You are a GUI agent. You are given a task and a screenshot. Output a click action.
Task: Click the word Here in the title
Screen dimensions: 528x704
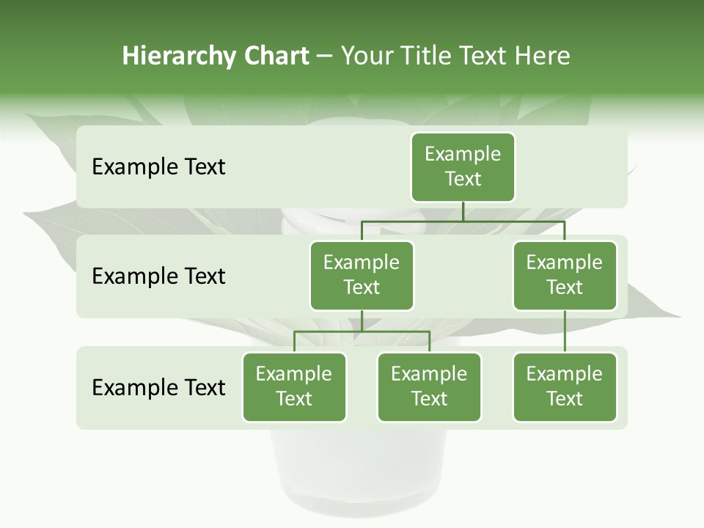pos(543,56)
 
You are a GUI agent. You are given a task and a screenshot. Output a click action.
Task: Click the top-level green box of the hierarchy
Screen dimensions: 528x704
pos(463,166)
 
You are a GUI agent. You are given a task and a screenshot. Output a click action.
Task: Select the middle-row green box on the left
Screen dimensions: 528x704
pos(362,275)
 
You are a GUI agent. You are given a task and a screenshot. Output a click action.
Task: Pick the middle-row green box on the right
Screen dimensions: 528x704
pos(565,275)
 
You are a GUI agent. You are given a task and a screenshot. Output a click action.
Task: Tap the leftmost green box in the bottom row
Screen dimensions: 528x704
pos(294,386)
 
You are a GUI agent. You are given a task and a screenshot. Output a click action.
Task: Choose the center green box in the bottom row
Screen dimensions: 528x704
pos(429,386)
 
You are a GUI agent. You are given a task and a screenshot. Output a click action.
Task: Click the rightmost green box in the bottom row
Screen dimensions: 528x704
pos(565,386)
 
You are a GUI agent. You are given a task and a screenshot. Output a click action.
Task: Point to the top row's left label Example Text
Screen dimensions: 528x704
pos(158,166)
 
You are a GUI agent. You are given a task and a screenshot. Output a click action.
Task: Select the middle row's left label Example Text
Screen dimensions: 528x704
pos(158,276)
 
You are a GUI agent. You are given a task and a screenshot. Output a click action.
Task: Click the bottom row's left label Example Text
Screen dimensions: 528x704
pos(158,387)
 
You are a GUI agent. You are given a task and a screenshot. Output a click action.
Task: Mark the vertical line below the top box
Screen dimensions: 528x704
pos(463,211)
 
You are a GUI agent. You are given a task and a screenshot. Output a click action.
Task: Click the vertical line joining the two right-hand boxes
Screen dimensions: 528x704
pos(565,331)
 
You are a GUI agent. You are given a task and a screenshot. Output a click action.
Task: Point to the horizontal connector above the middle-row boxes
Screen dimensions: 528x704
pos(463,221)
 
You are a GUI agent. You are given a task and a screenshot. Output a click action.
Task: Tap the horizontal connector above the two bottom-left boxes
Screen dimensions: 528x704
pos(362,331)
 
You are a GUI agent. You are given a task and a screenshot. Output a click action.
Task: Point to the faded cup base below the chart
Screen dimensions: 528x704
pos(359,469)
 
